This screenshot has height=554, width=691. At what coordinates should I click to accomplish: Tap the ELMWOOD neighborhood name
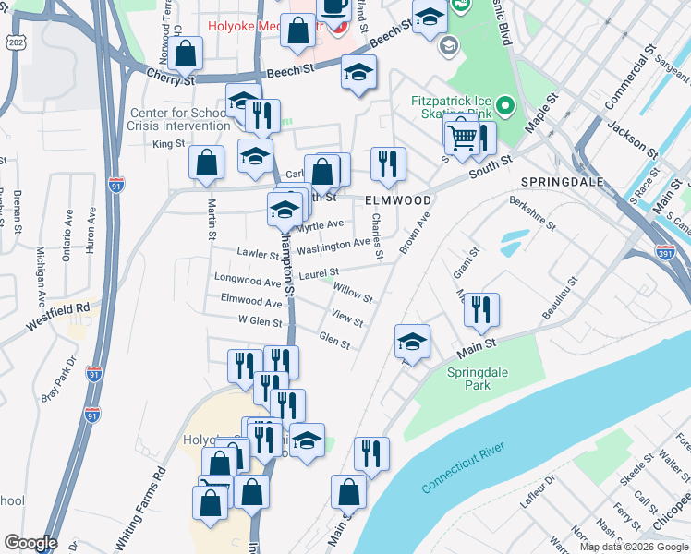point(397,199)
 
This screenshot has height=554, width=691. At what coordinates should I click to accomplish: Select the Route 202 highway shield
point(15,42)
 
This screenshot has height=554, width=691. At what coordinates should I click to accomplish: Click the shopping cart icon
point(462,138)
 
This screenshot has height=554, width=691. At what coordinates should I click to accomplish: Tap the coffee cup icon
point(333,9)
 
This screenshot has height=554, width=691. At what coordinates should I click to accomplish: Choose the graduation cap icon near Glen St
point(412,342)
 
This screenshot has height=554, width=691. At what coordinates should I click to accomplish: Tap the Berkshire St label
point(532,213)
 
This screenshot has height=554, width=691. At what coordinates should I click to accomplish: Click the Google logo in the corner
point(30,543)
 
